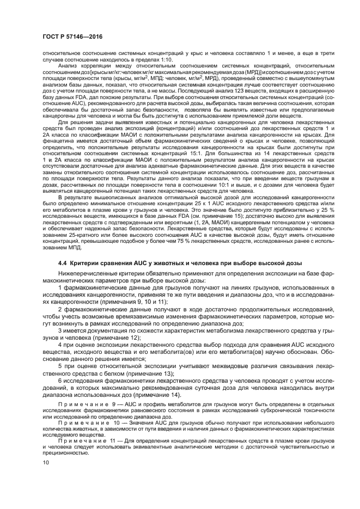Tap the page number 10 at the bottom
tap(37, 463)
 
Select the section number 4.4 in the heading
tap(63, 263)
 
